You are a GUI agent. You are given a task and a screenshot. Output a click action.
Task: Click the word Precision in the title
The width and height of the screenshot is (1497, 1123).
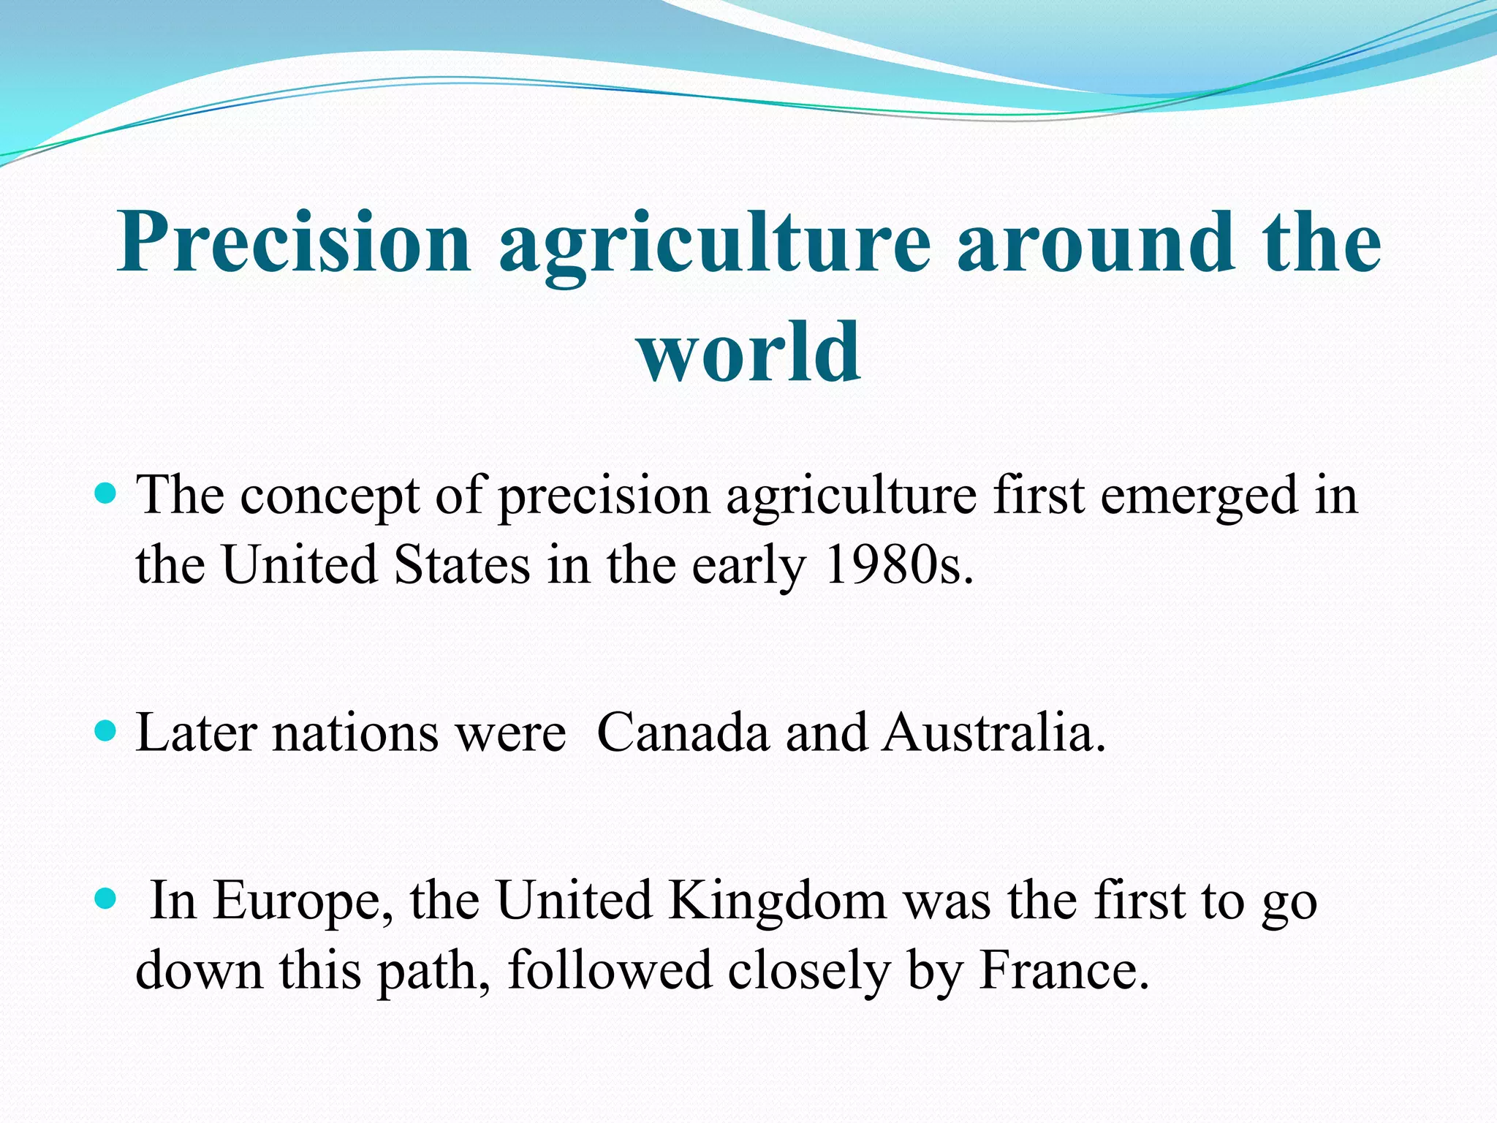(x=293, y=243)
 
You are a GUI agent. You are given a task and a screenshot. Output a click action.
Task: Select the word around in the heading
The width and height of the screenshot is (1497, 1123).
(x=1096, y=243)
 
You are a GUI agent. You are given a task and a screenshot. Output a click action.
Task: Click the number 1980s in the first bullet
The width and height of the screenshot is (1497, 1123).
(x=899, y=565)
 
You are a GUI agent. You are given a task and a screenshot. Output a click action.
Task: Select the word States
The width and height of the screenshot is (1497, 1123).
(x=462, y=565)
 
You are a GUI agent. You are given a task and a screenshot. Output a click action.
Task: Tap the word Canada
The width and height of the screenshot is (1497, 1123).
(x=683, y=733)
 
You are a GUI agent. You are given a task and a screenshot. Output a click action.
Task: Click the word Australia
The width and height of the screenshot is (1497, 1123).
(x=994, y=733)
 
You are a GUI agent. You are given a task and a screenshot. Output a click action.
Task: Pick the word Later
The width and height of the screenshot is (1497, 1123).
(x=197, y=733)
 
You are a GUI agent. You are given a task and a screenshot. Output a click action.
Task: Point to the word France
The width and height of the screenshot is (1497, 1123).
(x=1064, y=969)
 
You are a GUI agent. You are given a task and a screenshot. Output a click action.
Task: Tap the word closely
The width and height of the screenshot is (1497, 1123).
(x=808, y=971)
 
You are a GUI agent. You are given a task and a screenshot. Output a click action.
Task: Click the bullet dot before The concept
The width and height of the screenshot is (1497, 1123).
(x=106, y=494)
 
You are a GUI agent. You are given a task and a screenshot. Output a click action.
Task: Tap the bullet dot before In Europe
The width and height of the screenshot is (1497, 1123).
(x=106, y=898)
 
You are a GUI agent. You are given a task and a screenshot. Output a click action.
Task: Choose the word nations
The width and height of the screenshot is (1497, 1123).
(x=355, y=733)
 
